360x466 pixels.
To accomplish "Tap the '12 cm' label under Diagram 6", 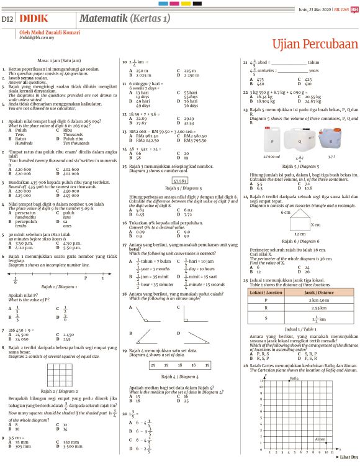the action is tap(300, 233).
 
